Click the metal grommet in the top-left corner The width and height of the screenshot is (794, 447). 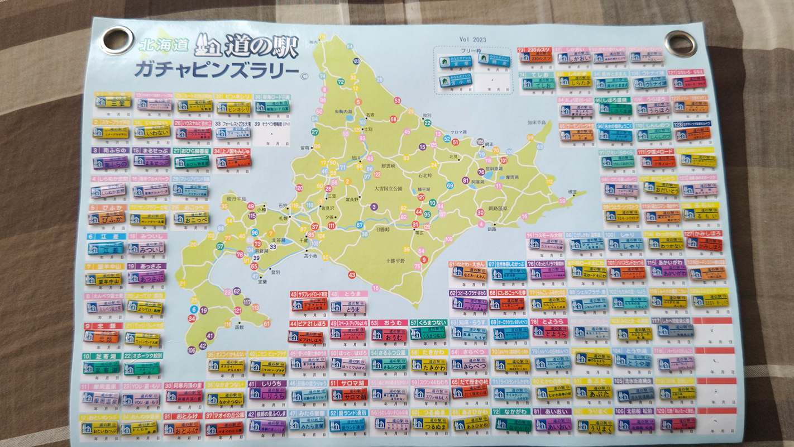pyautogui.click(x=116, y=40)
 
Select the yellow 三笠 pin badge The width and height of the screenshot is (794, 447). pyautogui.click(x=112, y=102)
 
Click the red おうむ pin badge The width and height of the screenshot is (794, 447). pyautogui.click(x=389, y=335)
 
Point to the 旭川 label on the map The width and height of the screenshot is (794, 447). pyautogui.click(x=355, y=158)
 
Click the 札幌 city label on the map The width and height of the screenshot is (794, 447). pyautogui.click(x=284, y=217)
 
